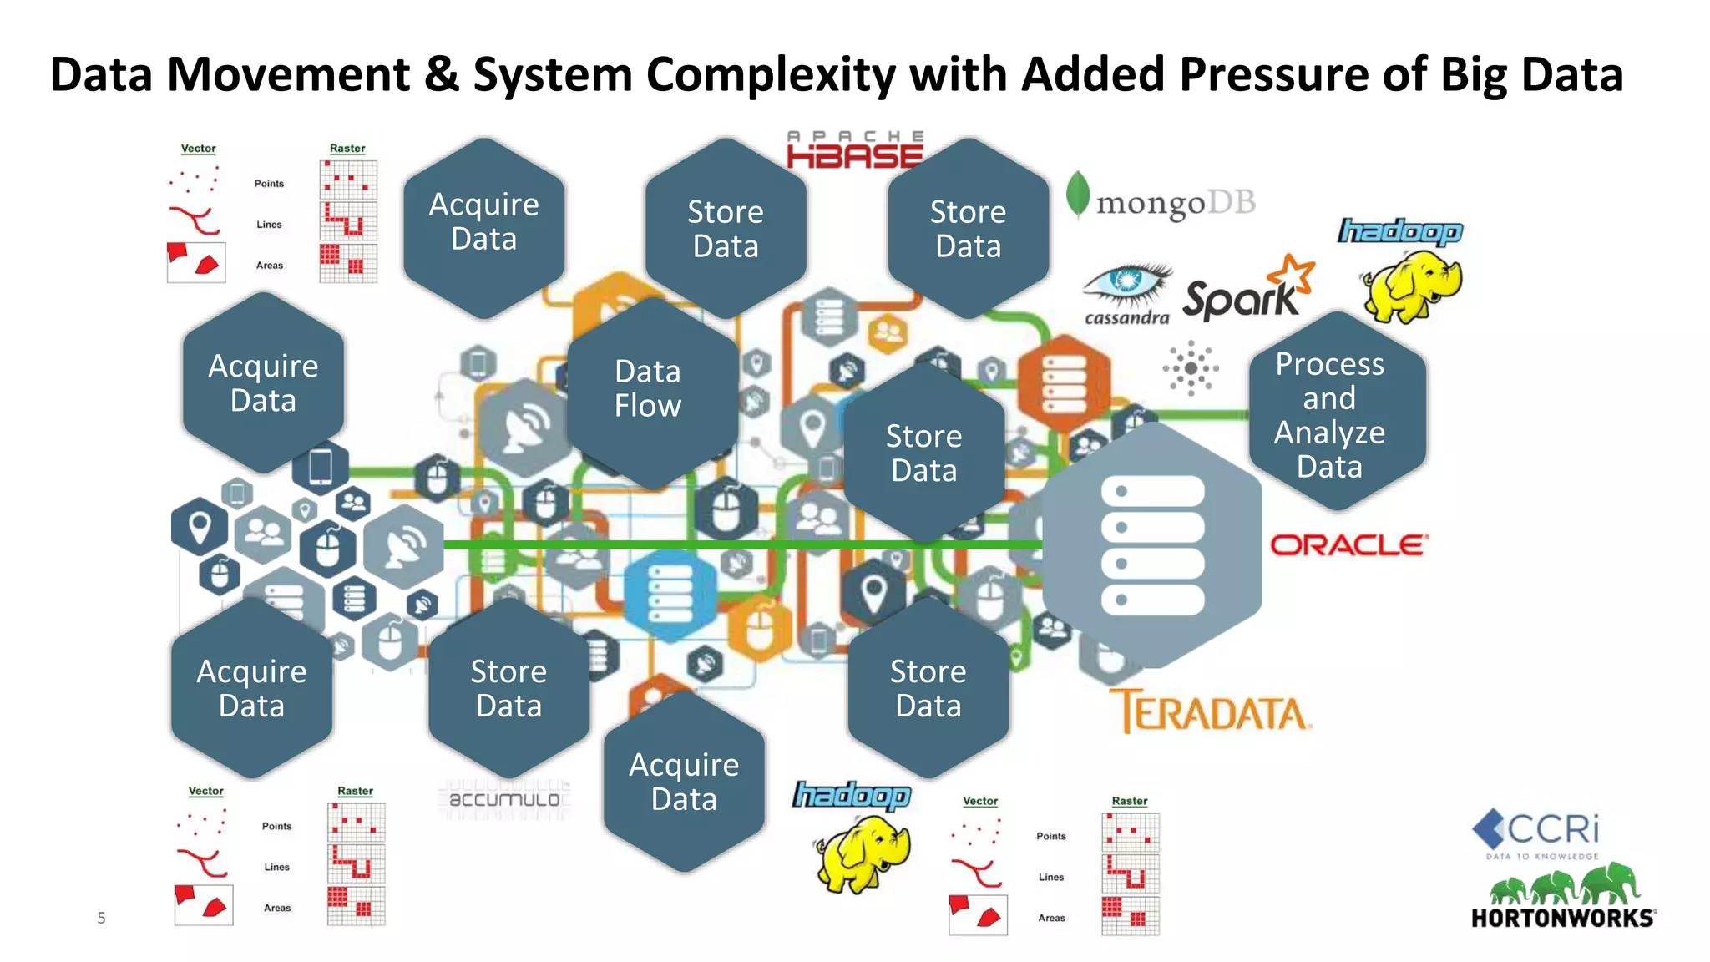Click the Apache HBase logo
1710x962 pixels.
click(855, 150)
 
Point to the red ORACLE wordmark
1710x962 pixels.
click(1348, 545)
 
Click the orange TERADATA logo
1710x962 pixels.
click(1210, 711)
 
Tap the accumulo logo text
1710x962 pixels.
click(504, 799)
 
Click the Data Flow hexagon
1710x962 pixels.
click(649, 389)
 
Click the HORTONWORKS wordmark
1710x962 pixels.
click(1562, 918)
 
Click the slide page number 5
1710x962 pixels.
click(101, 918)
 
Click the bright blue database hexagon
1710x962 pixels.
click(670, 594)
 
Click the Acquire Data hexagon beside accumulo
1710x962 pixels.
click(684, 782)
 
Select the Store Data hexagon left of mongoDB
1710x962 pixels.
click(968, 229)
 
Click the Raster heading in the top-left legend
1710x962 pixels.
click(347, 149)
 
